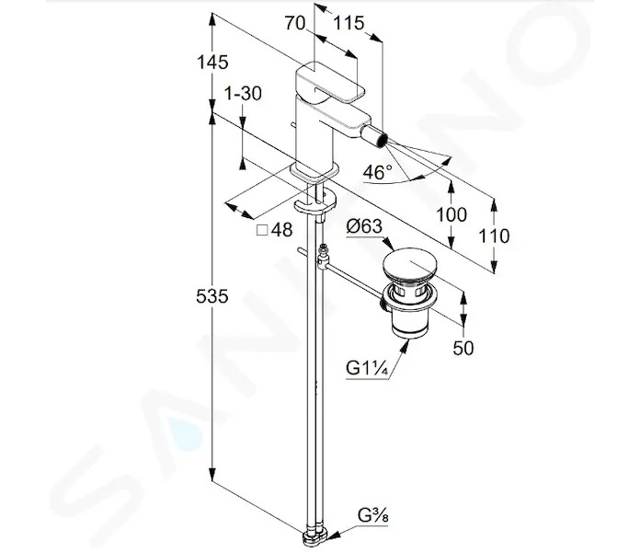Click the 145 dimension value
click(x=212, y=63)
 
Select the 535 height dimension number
click(x=211, y=296)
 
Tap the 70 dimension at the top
click(x=295, y=23)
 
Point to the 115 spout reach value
click(x=349, y=23)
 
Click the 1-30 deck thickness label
click(x=244, y=94)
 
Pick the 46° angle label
click(x=378, y=172)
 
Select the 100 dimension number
click(x=451, y=214)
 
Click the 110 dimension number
click(x=494, y=236)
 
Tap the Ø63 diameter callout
click(x=364, y=226)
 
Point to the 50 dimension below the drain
click(x=463, y=348)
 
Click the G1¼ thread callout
click(x=367, y=369)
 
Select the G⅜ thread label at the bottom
click(x=373, y=516)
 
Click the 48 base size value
click(x=282, y=230)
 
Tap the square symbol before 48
click(x=262, y=231)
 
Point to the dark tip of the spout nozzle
click(x=382, y=140)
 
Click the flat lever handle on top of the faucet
click(x=330, y=83)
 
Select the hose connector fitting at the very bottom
click(x=315, y=536)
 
